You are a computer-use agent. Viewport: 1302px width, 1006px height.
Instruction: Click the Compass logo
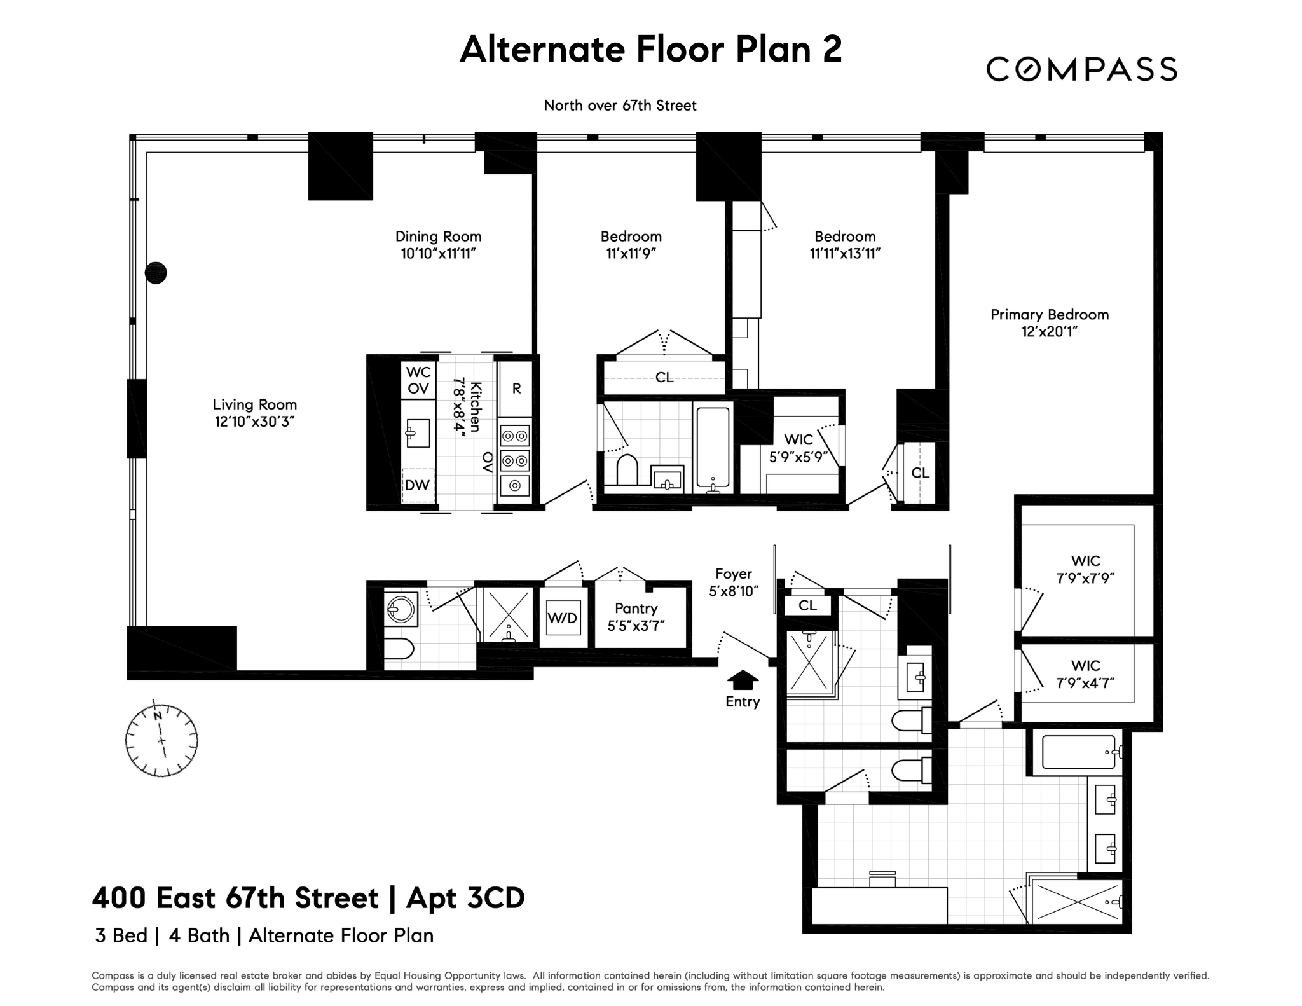pyautogui.click(x=1081, y=69)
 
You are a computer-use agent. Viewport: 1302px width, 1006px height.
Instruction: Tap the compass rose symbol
pyautogui.click(x=161, y=740)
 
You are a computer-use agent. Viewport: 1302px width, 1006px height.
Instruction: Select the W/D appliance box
pyautogui.click(x=563, y=617)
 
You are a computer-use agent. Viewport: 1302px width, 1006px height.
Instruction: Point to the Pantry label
pyautogui.click(x=636, y=609)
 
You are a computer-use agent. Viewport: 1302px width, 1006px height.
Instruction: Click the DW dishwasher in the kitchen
pyautogui.click(x=418, y=485)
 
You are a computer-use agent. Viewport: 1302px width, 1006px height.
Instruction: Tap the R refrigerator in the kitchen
pyautogui.click(x=516, y=389)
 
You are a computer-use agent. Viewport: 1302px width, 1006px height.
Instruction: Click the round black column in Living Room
pyautogui.click(x=156, y=273)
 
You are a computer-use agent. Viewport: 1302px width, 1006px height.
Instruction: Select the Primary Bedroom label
pyautogui.click(x=1049, y=315)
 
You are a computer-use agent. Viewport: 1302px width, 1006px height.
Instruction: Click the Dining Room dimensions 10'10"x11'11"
pyautogui.click(x=438, y=254)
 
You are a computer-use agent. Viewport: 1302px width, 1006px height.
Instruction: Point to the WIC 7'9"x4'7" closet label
pyautogui.click(x=1085, y=674)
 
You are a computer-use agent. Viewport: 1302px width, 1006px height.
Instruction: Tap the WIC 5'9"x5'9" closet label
pyautogui.click(x=798, y=448)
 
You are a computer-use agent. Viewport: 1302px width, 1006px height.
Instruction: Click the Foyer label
pyautogui.click(x=733, y=574)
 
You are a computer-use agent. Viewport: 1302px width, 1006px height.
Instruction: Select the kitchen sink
pyautogui.click(x=418, y=434)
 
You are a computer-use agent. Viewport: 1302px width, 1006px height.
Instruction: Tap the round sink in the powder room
pyautogui.click(x=401, y=610)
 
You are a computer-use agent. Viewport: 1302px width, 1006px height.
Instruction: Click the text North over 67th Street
pyautogui.click(x=620, y=106)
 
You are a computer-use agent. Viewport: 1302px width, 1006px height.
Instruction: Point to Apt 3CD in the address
pyautogui.click(x=465, y=898)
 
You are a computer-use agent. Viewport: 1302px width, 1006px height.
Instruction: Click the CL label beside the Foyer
pyautogui.click(x=807, y=605)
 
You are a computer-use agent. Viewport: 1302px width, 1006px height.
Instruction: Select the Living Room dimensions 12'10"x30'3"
pyautogui.click(x=254, y=422)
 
